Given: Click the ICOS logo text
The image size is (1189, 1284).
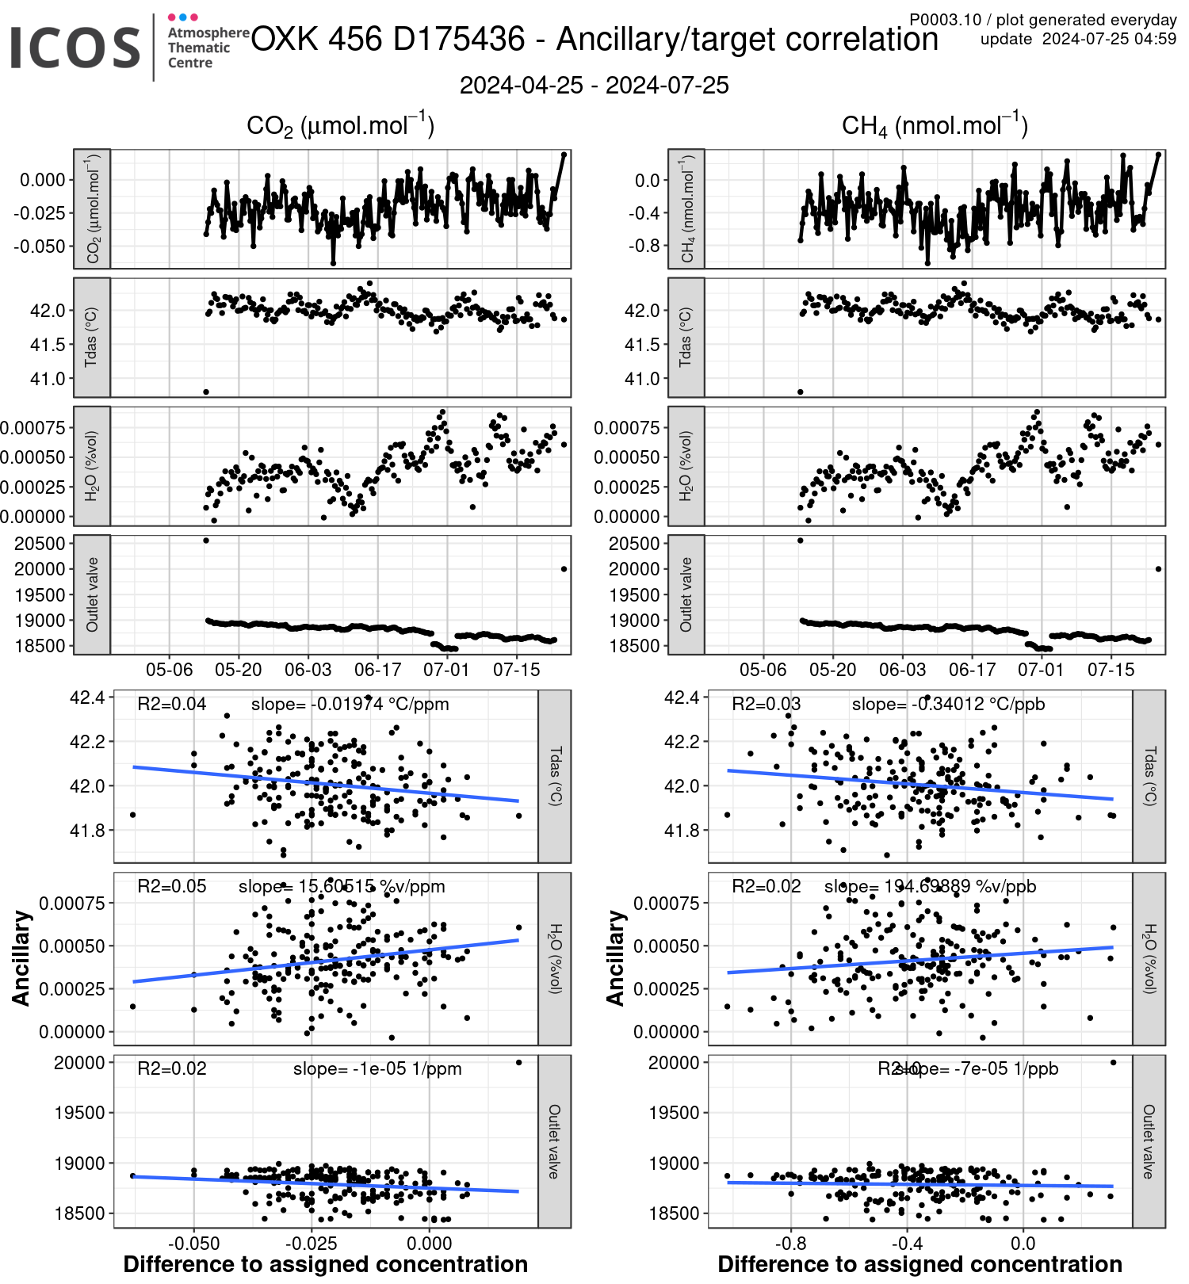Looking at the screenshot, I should [x=75, y=48].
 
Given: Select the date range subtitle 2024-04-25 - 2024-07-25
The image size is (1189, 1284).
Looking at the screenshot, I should [x=594, y=86].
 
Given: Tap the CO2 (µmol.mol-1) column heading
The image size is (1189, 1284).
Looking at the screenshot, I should [x=340, y=125].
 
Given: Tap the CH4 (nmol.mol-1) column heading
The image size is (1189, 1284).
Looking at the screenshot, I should [x=935, y=125].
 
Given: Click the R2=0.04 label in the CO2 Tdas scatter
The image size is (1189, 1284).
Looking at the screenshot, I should [x=171, y=704].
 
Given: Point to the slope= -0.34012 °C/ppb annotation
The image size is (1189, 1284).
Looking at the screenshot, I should [x=948, y=704].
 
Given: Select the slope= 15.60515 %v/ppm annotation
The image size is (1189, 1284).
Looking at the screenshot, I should [x=342, y=886].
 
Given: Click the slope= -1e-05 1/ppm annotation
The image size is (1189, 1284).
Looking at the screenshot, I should [x=377, y=1068].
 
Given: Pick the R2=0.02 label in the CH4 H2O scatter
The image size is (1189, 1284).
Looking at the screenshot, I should [x=766, y=886].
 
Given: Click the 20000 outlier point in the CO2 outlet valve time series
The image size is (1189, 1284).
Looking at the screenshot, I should [x=564, y=568].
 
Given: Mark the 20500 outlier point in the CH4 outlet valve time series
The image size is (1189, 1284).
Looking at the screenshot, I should [x=800, y=541].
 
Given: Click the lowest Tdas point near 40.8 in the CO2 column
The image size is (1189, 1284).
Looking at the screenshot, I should [x=206, y=392].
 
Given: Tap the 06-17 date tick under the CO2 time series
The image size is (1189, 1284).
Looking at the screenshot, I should [x=377, y=670].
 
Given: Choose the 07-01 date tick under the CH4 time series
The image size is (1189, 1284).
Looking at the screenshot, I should [x=1041, y=670].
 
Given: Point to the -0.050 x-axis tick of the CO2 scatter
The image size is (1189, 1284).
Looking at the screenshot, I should [x=194, y=1243].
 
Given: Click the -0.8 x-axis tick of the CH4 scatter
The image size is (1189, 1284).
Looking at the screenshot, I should [x=790, y=1243].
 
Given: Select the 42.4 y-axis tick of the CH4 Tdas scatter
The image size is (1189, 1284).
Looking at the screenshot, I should [x=682, y=697].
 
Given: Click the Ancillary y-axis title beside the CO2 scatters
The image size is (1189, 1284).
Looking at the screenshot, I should [x=21, y=958].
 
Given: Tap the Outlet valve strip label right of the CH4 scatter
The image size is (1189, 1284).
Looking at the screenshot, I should [x=1149, y=1141].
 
